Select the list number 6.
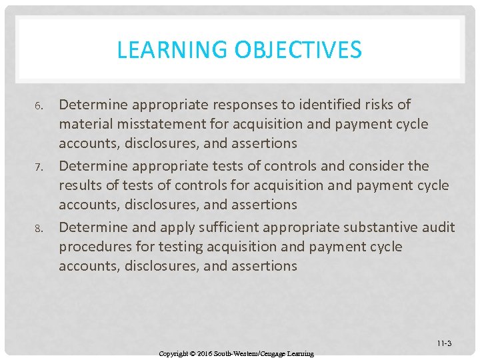point(39,106)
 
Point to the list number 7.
point(39,167)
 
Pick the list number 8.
point(39,228)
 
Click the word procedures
point(96,247)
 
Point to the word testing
point(181,247)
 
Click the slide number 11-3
point(444,343)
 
